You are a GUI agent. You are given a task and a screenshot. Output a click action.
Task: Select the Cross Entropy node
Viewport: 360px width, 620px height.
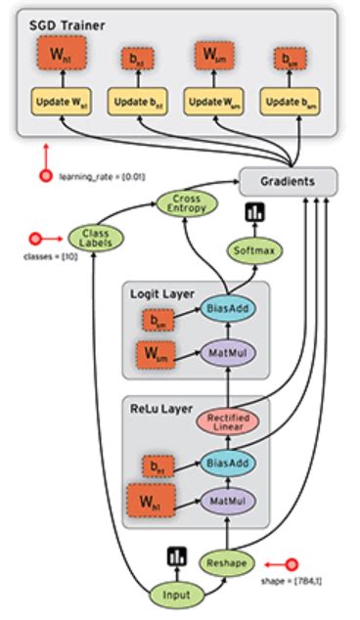[187, 205]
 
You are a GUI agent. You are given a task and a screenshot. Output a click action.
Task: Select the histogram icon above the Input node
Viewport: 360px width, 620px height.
[176, 554]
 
